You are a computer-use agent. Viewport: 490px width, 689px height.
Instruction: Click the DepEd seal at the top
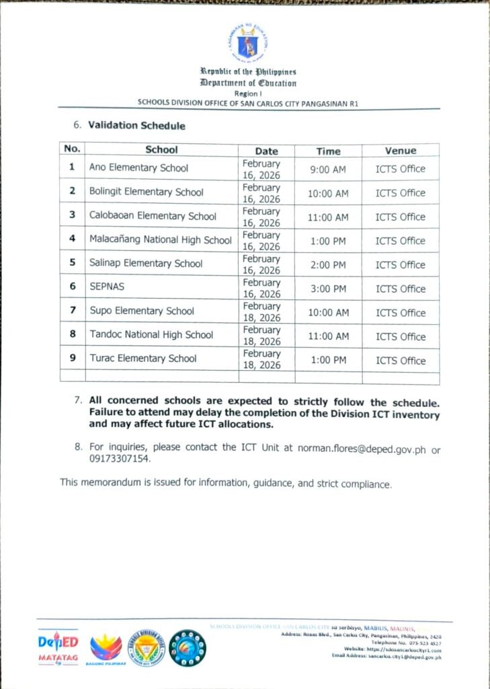point(247,42)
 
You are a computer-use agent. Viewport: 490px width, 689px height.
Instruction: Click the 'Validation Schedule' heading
point(136,126)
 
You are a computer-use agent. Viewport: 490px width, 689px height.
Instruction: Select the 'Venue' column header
point(400,151)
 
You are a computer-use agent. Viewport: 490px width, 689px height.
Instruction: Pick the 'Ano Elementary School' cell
point(138,168)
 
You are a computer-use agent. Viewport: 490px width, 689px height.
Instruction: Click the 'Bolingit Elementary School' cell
point(146,192)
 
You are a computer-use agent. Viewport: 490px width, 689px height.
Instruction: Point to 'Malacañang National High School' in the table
point(160,240)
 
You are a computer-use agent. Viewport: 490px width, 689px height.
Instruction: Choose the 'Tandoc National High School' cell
point(151,334)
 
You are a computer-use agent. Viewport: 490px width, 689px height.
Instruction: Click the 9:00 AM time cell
point(328,170)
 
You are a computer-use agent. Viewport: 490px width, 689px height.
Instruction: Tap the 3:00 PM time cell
point(328,289)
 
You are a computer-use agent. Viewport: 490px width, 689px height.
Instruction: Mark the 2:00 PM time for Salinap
point(328,264)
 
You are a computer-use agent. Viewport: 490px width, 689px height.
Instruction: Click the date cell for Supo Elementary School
point(261,312)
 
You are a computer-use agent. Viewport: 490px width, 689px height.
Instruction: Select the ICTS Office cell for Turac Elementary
point(400,361)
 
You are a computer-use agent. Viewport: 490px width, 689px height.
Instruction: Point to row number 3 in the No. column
point(72,215)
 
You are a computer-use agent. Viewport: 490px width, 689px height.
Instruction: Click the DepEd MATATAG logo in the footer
point(57,647)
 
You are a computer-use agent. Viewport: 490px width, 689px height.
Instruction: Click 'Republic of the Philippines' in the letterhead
point(247,71)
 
